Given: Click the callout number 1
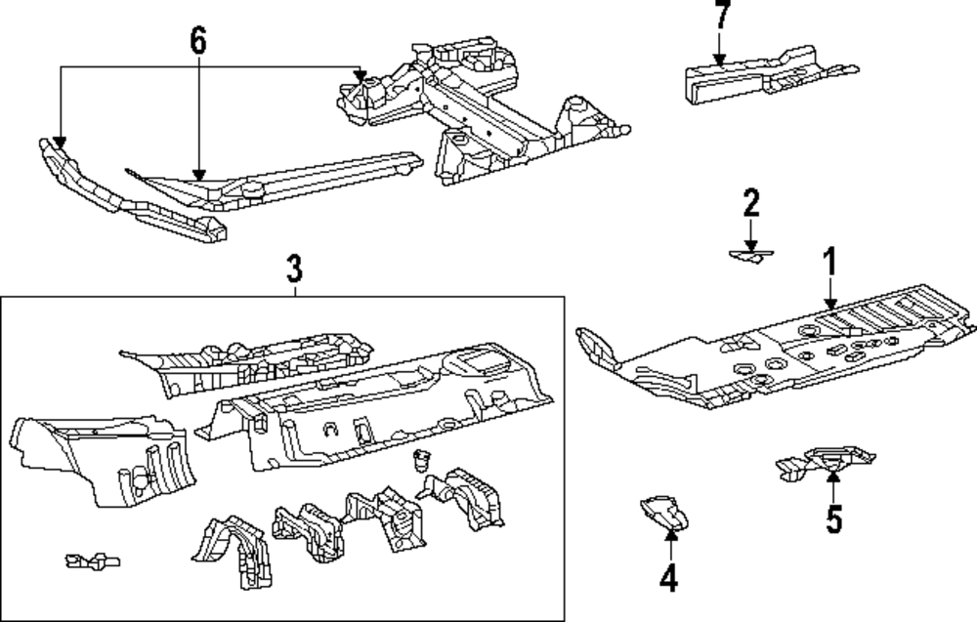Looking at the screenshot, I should (x=828, y=264).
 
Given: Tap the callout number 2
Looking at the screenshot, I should (x=750, y=204).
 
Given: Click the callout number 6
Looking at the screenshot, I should (x=198, y=41).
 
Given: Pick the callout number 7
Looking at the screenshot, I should (x=720, y=17).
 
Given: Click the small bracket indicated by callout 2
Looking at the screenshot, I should (x=750, y=256).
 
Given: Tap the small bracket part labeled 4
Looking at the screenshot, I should (x=664, y=513).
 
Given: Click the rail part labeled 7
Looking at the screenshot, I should (x=762, y=73).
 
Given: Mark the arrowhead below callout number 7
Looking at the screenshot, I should (x=720, y=62).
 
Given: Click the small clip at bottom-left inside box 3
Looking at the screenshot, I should (x=91, y=561).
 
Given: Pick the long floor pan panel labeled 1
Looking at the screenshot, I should (x=772, y=356).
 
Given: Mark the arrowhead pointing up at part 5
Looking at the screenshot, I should (x=832, y=476).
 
